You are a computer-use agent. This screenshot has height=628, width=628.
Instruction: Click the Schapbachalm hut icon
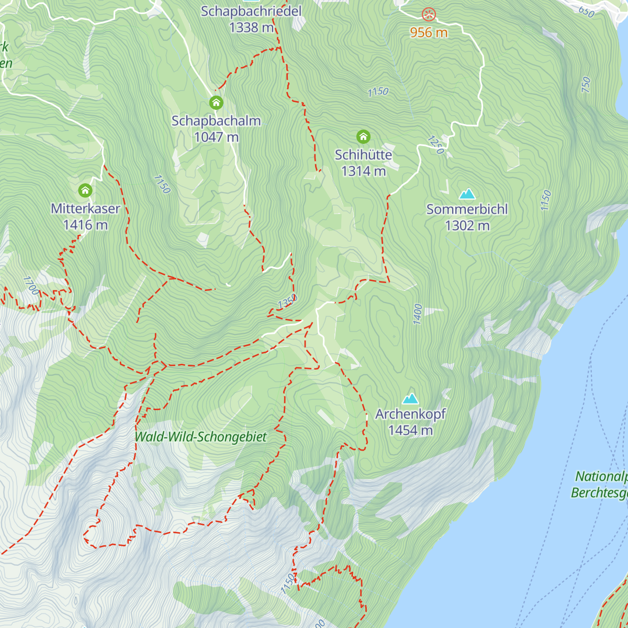(216, 103)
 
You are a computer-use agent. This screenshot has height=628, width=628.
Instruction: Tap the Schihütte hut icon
(363, 137)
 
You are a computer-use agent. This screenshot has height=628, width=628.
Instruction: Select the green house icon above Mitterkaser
(85, 190)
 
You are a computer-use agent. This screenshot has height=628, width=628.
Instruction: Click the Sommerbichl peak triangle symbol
(467, 194)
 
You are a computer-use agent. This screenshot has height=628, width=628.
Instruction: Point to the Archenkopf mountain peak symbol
(410, 399)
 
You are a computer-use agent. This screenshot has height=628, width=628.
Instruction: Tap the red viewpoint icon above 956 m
(429, 14)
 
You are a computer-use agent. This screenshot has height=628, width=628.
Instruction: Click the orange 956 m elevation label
(429, 32)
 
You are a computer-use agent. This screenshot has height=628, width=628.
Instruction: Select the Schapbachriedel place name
(251, 11)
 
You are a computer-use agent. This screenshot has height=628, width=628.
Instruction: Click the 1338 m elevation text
(251, 27)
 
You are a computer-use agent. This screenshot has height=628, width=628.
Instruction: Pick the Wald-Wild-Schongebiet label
(201, 437)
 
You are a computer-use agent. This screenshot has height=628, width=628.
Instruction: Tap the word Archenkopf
(410, 414)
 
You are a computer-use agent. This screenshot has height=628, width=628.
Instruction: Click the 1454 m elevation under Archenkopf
(410, 430)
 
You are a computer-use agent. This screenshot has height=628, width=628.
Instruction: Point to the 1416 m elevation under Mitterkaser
(85, 225)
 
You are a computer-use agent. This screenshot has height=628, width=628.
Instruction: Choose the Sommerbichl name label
(467, 209)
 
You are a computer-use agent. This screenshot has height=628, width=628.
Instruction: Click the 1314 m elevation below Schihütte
(363, 171)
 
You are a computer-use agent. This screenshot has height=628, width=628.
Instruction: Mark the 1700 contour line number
(31, 286)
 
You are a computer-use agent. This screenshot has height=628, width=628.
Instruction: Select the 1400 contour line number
(418, 314)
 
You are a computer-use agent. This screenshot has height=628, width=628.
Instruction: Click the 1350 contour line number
(287, 302)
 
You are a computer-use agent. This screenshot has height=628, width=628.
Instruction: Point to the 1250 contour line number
(435, 145)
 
